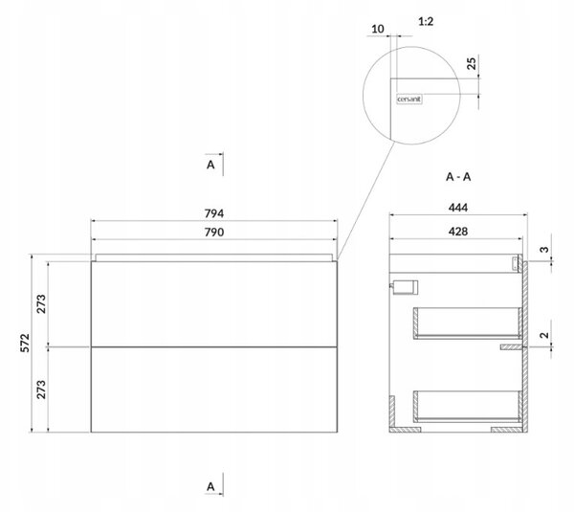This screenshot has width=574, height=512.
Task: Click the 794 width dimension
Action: [214, 213]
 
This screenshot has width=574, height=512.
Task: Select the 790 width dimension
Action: [214, 233]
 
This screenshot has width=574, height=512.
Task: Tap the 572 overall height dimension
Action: [25, 343]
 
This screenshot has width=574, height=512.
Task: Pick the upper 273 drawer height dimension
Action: [41, 304]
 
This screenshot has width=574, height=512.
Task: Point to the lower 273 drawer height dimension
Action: [41, 390]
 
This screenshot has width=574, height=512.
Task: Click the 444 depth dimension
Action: [458, 208]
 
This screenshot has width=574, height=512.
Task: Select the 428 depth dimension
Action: [458, 232]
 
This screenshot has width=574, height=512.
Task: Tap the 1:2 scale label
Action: [426, 22]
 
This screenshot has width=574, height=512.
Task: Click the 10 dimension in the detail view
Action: [378, 29]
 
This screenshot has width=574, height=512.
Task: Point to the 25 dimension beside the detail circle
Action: [473, 63]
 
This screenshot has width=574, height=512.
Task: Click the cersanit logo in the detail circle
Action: [409, 99]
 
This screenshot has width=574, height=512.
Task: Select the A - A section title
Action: [458, 177]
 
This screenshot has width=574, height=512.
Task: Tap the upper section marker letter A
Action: [210, 165]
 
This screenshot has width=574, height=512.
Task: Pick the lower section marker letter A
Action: [210, 487]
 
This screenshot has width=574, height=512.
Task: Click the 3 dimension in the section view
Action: [544, 250]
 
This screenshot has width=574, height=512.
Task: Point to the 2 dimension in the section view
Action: [544, 335]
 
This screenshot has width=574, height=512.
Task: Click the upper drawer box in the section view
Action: [468, 323]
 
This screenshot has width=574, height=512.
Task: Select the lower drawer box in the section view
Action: [468, 407]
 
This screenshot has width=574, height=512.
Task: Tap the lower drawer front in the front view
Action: [214, 390]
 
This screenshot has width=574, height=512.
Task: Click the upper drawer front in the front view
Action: [214, 304]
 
